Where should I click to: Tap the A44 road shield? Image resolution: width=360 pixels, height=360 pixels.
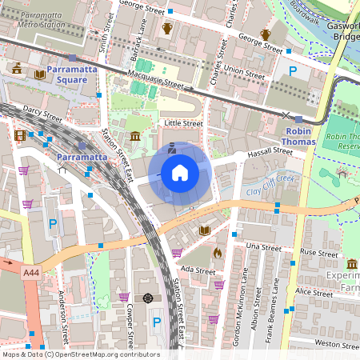31,274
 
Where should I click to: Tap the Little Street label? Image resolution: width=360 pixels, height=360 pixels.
183,123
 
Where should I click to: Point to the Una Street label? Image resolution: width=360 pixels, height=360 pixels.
264,247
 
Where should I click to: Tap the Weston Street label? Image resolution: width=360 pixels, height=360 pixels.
337,343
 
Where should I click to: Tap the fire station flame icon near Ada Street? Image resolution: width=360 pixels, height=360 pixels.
217,252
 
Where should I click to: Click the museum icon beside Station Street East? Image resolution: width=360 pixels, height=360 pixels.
135,137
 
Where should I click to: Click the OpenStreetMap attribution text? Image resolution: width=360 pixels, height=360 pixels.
80,354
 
